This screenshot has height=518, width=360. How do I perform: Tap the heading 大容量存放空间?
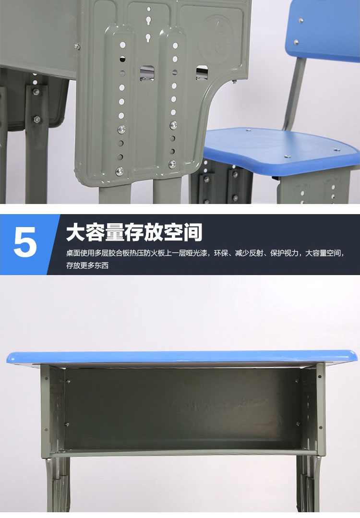134,232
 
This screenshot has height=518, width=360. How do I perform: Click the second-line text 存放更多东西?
87,265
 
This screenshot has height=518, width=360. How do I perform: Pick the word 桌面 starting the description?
73,253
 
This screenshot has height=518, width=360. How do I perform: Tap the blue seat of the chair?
281,147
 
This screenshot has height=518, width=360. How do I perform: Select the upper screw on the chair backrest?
301,21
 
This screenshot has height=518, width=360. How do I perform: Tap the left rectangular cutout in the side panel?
147,72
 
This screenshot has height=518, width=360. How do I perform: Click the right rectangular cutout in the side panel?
202,72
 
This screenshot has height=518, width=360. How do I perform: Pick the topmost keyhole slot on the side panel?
149,21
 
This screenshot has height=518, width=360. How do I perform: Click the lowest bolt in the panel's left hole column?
119,171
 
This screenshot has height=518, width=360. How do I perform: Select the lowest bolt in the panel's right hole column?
172,164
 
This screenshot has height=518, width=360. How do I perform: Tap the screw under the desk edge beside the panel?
77,47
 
